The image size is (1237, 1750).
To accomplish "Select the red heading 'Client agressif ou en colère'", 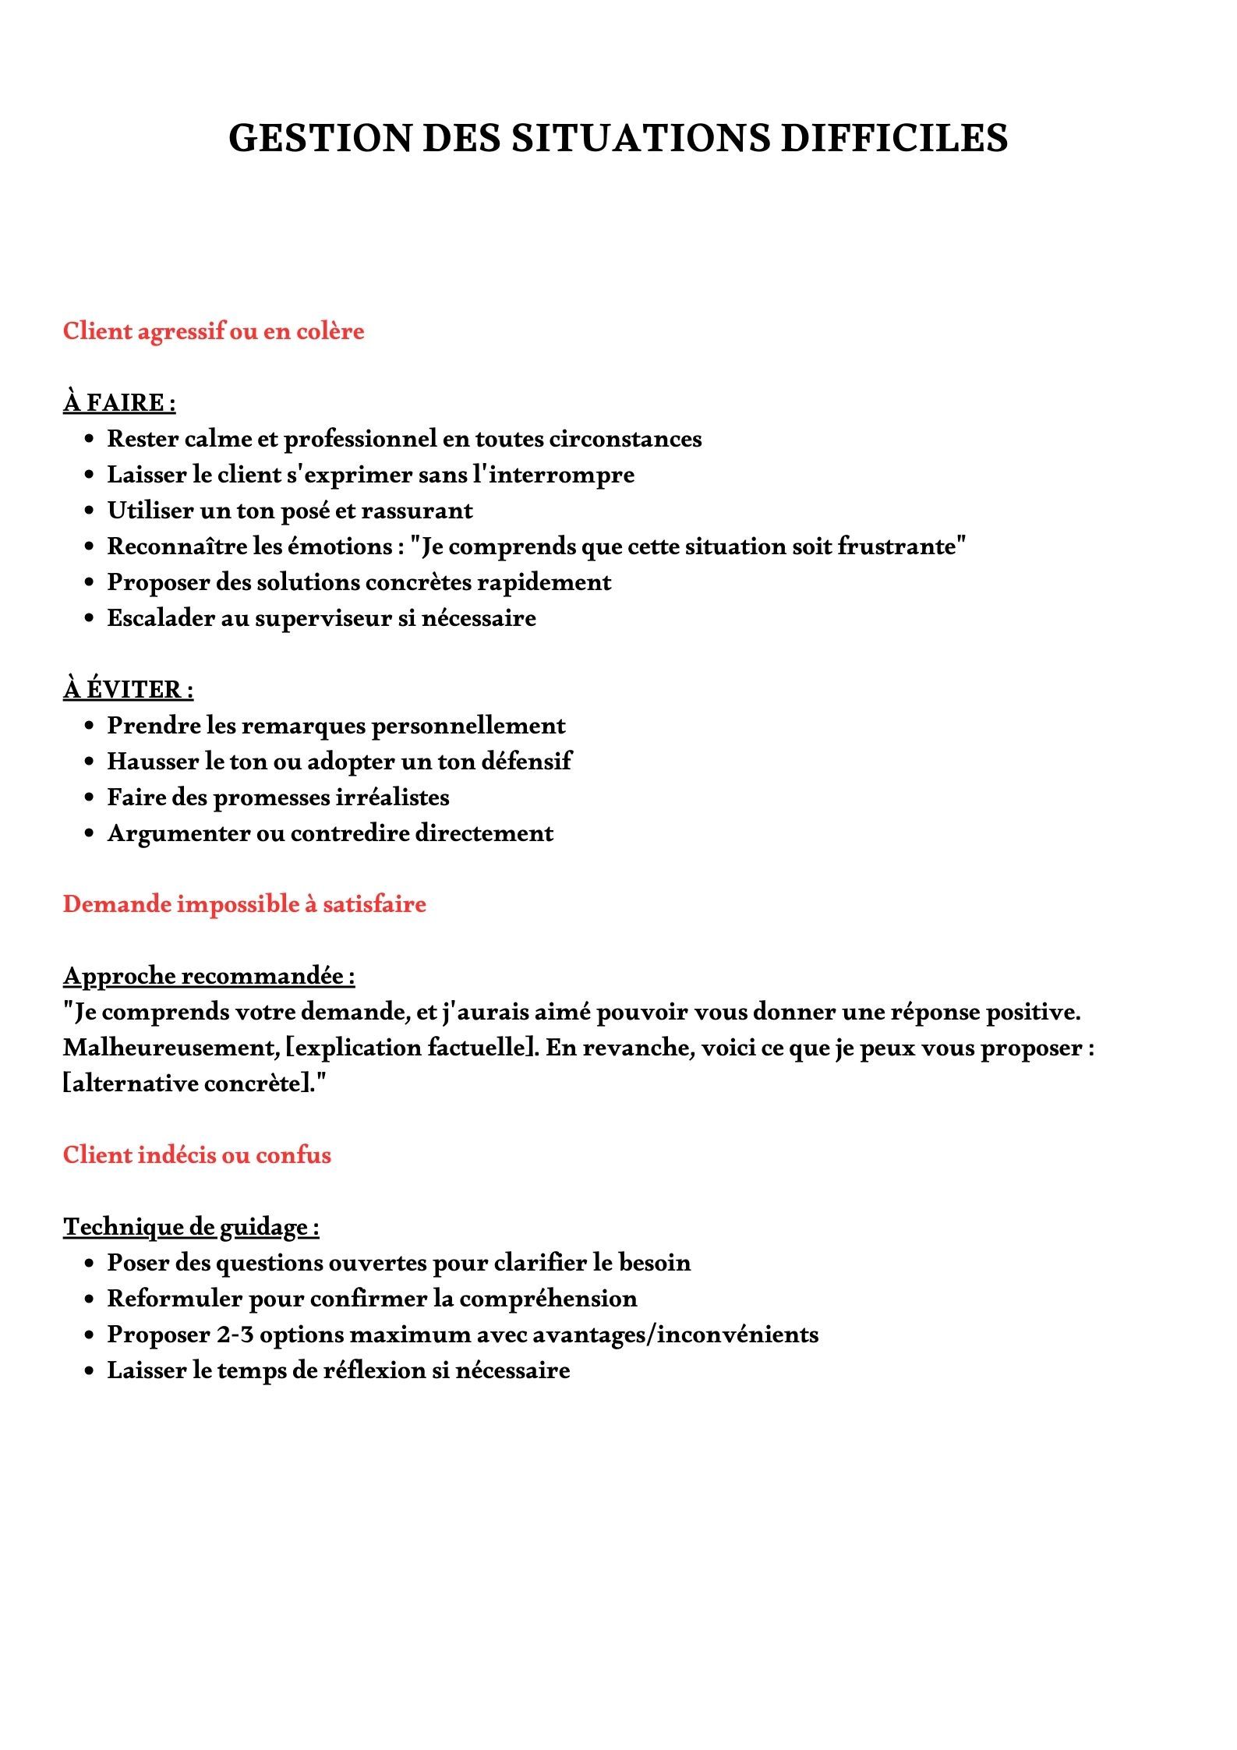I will coord(214,331).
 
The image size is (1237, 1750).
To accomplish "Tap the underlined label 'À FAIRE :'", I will coord(119,403).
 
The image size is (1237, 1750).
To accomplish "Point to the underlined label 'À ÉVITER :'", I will coord(129,690).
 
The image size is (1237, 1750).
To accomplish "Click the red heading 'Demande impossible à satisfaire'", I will coord(245,904).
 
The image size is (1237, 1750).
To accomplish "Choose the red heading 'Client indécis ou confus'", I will coord(197,1154).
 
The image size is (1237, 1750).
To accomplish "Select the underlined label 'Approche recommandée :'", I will coord(209,976).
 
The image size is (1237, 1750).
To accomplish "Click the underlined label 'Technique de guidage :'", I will coord(191,1227).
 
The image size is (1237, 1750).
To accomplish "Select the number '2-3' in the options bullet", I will coord(235,1335).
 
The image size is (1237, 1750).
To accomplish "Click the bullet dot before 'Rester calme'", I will coord(90,440).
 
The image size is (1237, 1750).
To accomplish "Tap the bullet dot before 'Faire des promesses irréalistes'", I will coord(90,798).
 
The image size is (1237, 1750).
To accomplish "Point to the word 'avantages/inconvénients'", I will coord(676,1335).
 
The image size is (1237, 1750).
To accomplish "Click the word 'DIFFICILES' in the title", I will coord(894,138).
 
